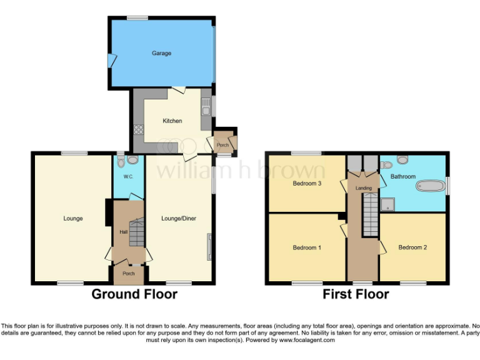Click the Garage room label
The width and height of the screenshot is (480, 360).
161,53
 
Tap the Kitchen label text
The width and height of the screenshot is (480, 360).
172,121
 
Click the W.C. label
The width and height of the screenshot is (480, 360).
128,177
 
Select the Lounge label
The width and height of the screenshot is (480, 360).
73,218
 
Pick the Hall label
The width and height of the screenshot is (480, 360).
123,232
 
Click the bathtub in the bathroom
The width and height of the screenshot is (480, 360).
430,186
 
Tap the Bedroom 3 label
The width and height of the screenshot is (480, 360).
307,184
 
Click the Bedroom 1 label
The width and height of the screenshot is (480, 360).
307,247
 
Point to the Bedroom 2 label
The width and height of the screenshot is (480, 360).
412,247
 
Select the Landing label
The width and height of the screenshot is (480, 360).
363,187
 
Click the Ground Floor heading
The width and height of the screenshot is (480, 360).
134,294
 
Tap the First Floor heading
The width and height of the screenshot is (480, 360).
356,294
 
